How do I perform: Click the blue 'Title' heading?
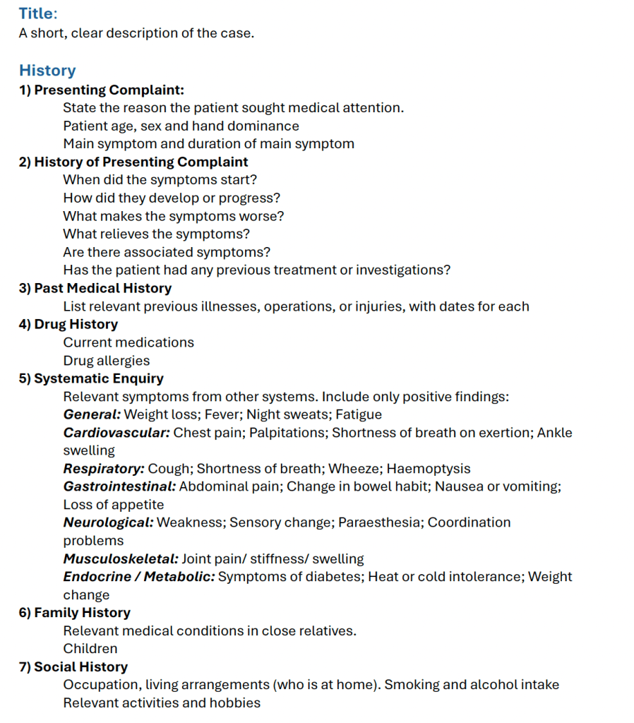(37, 13)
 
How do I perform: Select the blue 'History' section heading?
(47, 71)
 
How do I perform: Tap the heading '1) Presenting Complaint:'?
(102, 90)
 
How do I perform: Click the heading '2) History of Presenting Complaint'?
(133, 162)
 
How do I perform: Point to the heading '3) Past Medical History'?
(95, 288)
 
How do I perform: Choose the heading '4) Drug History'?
(68, 324)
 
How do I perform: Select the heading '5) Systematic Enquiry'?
(91, 378)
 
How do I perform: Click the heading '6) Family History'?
(75, 612)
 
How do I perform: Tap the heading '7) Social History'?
(73, 667)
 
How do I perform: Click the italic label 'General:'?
(92, 414)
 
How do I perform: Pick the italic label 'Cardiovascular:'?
(116, 432)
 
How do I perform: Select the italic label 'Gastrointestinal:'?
(119, 486)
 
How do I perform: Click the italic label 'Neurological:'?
(108, 522)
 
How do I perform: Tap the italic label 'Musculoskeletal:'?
(121, 558)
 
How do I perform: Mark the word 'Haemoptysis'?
(429, 468)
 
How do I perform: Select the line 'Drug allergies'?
(107, 360)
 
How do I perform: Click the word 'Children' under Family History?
(90, 648)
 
